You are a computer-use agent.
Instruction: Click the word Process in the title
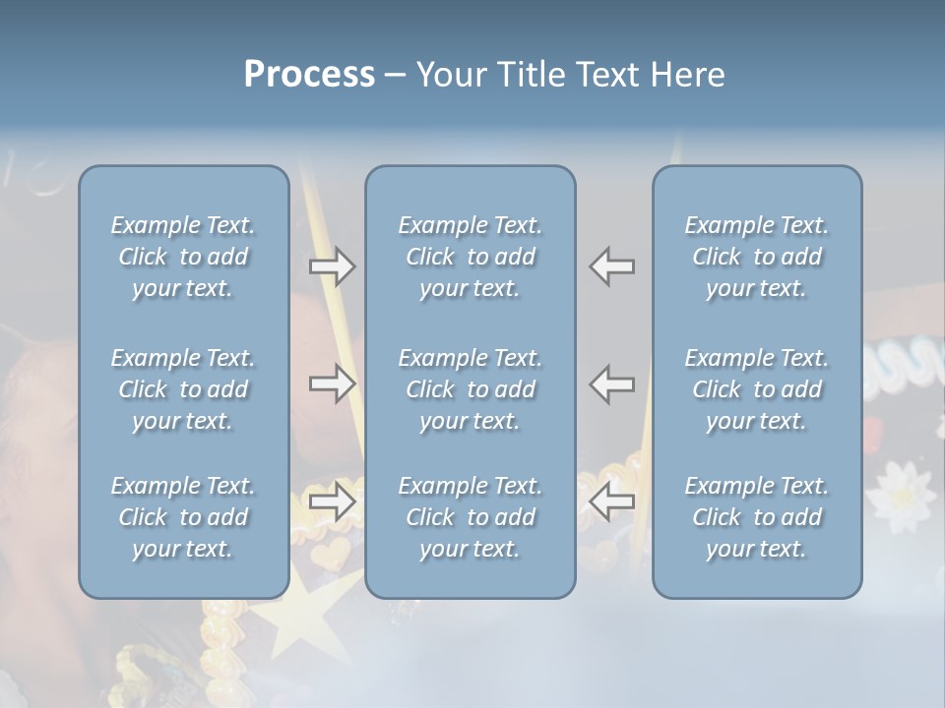click(x=309, y=75)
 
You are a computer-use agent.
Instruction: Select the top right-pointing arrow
click(x=333, y=266)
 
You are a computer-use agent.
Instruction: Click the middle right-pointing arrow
click(x=333, y=383)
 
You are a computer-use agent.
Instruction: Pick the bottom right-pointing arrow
click(x=333, y=501)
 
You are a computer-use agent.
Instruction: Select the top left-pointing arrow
click(x=612, y=266)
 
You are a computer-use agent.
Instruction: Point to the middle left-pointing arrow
click(x=612, y=383)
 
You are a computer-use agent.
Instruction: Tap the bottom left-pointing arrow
click(x=612, y=501)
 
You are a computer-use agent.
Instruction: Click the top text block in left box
click(x=183, y=257)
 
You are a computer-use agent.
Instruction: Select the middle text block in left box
click(x=183, y=389)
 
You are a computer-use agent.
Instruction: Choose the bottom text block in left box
click(x=183, y=517)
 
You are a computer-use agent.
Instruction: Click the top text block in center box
click(x=471, y=257)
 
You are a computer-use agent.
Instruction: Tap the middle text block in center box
click(x=471, y=389)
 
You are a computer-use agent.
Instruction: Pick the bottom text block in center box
click(x=471, y=517)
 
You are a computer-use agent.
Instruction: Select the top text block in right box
click(x=757, y=257)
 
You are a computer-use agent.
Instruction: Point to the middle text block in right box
click(x=757, y=389)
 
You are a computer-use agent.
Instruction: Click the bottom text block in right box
click(x=757, y=517)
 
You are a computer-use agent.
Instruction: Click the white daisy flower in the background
click(x=900, y=492)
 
